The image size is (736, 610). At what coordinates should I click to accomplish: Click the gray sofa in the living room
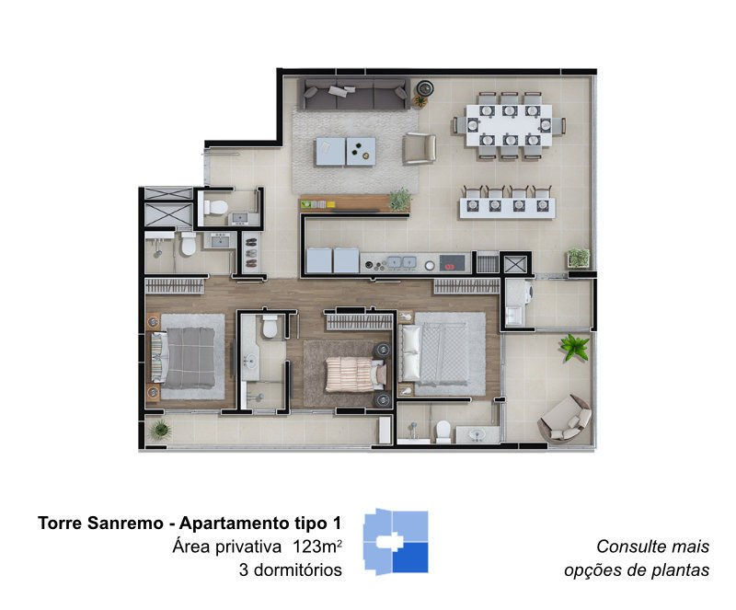[x=354, y=94]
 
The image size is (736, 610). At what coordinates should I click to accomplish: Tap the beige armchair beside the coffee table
[x=420, y=148]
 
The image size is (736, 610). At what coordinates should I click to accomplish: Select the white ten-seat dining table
[x=510, y=125]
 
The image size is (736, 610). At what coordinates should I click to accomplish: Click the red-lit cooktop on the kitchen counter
[x=452, y=263]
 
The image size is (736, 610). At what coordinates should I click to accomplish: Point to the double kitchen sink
[x=400, y=262]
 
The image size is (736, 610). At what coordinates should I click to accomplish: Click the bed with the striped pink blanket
[x=356, y=374]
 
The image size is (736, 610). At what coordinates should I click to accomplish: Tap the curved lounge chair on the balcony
[x=566, y=419]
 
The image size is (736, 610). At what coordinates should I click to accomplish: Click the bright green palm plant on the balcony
[x=574, y=347]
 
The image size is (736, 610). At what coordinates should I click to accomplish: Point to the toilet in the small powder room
[x=215, y=207]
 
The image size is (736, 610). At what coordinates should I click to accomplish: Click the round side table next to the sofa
[x=425, y=87]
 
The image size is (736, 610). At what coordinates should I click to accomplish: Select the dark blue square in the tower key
[x=410, y=558]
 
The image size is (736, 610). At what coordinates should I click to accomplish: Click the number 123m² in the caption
[x=316, y=547]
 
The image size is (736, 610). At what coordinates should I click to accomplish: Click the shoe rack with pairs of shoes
[x=250, y=253]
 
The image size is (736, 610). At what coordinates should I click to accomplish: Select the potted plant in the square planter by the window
[x=579, y=258]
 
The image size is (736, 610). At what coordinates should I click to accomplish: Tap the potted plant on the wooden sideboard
[x=400, y=200]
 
